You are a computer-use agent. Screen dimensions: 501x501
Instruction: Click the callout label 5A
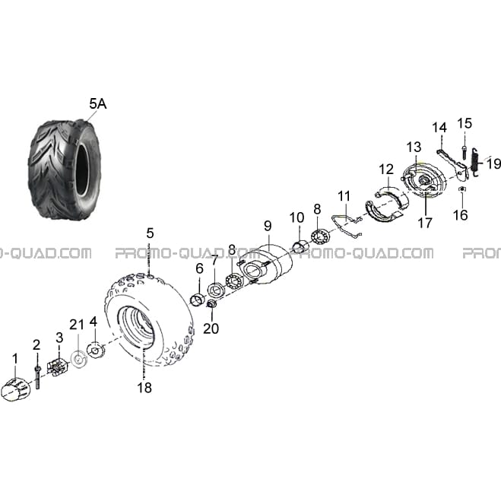(x=98, y=104)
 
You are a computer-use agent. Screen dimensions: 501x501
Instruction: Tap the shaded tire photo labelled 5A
(x=65, y=170)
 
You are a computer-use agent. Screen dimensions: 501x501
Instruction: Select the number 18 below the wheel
(x=144, y=388)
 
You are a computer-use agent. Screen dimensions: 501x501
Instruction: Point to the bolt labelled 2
(x=38, y=377)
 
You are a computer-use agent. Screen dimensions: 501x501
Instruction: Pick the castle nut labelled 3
(x=58, y=366)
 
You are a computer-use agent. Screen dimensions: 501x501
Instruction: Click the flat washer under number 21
(x=78, y=360)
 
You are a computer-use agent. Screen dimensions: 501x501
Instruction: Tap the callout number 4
(x=94, y=322)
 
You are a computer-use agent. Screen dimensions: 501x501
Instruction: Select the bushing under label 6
(x=198, y=300)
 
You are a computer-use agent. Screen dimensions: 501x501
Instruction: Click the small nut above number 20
(x=211, y=304)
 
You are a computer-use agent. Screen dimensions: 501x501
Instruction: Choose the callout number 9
(x=268, y=226)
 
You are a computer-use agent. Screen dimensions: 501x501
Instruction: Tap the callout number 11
(x=344, y=196)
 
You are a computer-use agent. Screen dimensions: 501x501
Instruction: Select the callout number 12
(x=387, y=170)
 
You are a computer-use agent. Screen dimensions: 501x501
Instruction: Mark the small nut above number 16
(x=461, y=189)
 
